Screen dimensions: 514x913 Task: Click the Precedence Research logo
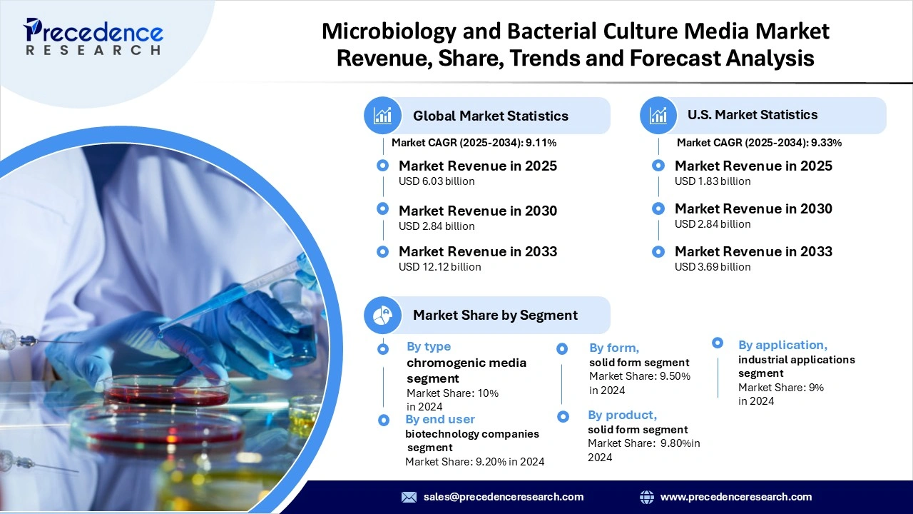click(93, 37)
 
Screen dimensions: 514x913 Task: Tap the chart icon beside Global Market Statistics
click(382, 116)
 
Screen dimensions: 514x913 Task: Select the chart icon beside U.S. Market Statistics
click(658, 115)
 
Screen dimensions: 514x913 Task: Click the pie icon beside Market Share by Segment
click(382, 315)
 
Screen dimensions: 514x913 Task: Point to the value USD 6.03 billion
click(437, 181)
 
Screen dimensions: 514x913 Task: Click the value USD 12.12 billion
click(439, 267)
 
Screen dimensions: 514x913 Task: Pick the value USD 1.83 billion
click(713, 181)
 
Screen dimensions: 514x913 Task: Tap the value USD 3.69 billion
click(713, 267)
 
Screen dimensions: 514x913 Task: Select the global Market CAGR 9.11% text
click(474, 143)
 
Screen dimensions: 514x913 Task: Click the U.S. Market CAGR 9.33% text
click(759, 143)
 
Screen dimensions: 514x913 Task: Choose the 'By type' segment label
click(429, 346)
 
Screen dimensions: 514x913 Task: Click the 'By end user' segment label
click(440, 419)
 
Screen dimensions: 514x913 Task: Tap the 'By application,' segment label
click(782, 345)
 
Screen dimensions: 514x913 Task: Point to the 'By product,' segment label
click(622, 415)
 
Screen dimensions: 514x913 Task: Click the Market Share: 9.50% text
click(640, 376)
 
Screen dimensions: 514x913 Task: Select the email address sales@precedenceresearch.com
click(504, 497)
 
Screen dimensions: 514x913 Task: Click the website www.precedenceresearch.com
click(736, 497)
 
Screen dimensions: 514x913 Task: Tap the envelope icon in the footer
click(409, 497)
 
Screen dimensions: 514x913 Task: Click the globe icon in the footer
click(647, 497)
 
